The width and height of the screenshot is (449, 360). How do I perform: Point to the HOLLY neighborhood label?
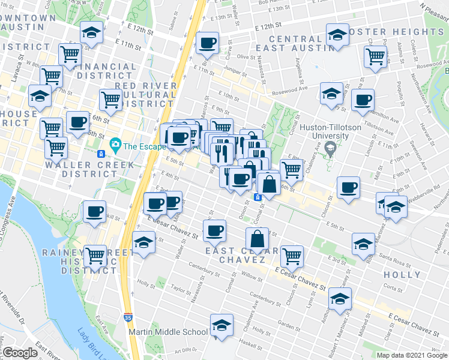click(x=402, y=275)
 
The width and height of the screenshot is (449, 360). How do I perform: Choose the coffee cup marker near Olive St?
click(x=208, y=43)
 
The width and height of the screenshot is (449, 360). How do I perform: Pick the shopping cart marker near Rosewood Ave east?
click(x=375, y=58)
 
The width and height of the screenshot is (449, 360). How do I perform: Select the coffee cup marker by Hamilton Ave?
click(x=362, y=101)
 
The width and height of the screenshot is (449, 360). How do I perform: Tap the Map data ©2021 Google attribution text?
click(x=411, y=355)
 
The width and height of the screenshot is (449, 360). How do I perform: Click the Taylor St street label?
click(x=180, y=288)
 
